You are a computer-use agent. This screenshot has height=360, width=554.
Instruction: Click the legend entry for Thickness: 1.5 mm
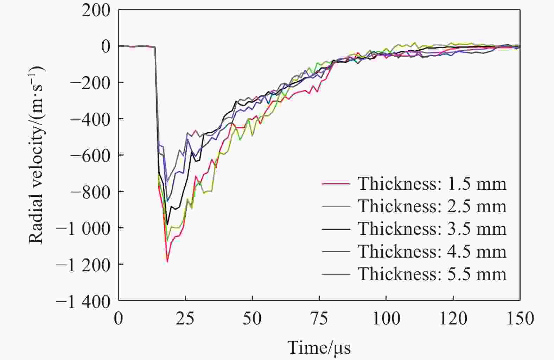coord(432,184)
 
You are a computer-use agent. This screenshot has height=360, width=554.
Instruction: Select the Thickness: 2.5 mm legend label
coord(432,206)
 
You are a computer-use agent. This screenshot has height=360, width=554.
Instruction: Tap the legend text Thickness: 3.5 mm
coord(432,229)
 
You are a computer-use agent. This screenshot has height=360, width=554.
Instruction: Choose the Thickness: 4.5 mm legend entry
coord(432,251)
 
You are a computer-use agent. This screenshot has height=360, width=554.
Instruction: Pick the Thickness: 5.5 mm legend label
coord(432,274)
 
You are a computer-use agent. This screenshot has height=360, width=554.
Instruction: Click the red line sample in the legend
coord(336,184)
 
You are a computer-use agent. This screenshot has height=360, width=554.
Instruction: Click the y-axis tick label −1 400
coord(83,301)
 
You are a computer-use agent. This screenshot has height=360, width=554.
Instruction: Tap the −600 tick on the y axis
coord(90,155)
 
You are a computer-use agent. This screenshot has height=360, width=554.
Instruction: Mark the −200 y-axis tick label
coord(90,83)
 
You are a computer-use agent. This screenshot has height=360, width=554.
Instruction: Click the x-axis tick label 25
coord(185,319)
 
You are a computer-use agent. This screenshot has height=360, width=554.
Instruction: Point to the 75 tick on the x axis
coord(319,319)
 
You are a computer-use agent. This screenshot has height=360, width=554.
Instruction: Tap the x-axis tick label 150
coord(519,319)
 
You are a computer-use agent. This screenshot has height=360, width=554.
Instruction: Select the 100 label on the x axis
coord(386,319)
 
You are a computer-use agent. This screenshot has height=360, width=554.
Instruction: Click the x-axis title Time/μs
coord(319,347)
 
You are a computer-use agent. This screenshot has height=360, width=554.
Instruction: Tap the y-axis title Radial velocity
coord(36,155)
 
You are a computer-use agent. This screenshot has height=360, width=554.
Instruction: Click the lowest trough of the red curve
coord(167,261)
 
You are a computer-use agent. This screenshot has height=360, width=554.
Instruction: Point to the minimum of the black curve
coord(168,224)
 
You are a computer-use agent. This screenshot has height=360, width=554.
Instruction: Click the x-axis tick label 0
coord(119,319)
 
